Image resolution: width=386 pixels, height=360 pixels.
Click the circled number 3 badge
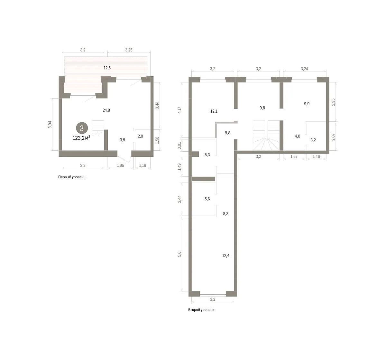coord(82,128)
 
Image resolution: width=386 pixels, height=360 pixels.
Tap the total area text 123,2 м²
coord(81,138)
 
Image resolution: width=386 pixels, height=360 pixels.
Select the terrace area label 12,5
coord(107,68)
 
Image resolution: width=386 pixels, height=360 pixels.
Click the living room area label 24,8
coord(106,110)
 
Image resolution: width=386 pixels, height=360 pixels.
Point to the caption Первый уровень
coord(72,177)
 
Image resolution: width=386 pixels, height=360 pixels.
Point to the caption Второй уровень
coord(201,309)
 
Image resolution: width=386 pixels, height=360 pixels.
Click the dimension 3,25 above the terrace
coord(129,50)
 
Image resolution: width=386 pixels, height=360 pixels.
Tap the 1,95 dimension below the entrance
coord(120,166)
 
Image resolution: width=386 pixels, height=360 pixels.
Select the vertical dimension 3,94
coord(50,125)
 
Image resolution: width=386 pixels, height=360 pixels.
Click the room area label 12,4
coord(226,255)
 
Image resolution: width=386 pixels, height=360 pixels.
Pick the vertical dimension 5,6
coord(179,254)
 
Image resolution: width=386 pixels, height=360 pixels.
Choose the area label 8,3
coord(226,214)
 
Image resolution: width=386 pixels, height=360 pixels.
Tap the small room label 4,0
coord(297,136)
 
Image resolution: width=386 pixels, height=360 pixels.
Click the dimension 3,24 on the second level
coord(304,69)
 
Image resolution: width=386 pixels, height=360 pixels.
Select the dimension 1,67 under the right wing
coord(294,156)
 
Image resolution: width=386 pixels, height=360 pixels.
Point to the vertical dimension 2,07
coord(333,137)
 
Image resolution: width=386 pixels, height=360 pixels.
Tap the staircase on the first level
coord(98,128)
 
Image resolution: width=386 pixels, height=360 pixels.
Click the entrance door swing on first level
coord(124,159)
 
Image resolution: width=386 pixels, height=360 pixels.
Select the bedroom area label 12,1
coord(214,111)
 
